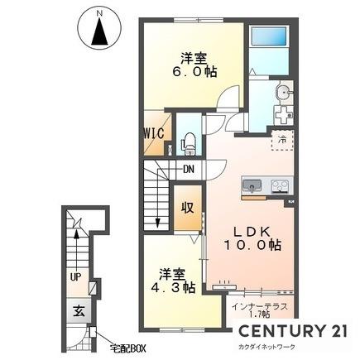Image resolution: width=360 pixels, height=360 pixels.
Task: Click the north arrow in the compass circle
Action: point(99,32)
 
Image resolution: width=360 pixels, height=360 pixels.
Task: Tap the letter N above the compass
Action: point(99,13)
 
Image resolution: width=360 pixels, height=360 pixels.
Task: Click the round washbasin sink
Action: point(283,92)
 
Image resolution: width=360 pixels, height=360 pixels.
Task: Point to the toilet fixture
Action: point(189,144)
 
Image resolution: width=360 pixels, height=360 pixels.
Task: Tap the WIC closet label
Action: point(154,133)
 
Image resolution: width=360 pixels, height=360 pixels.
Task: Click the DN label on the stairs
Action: point(189,169)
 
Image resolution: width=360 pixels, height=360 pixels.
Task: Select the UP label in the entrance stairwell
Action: point(75,277)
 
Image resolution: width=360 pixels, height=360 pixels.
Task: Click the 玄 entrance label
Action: point(79,311)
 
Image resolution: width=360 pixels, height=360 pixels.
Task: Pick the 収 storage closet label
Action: point(188,208)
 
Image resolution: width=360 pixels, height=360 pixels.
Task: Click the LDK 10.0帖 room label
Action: point(252,238)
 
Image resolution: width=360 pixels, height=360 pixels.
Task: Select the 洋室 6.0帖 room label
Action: point(194,65)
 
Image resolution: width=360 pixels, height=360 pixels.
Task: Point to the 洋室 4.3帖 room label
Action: point(173,281)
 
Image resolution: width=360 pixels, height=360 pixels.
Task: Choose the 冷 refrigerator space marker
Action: point(282,140)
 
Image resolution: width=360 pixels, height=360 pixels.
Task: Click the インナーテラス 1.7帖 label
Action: point(260,310)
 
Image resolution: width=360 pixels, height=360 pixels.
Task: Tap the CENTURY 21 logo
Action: point(293,330)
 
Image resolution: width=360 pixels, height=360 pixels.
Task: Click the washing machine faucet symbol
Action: point(284,114)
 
